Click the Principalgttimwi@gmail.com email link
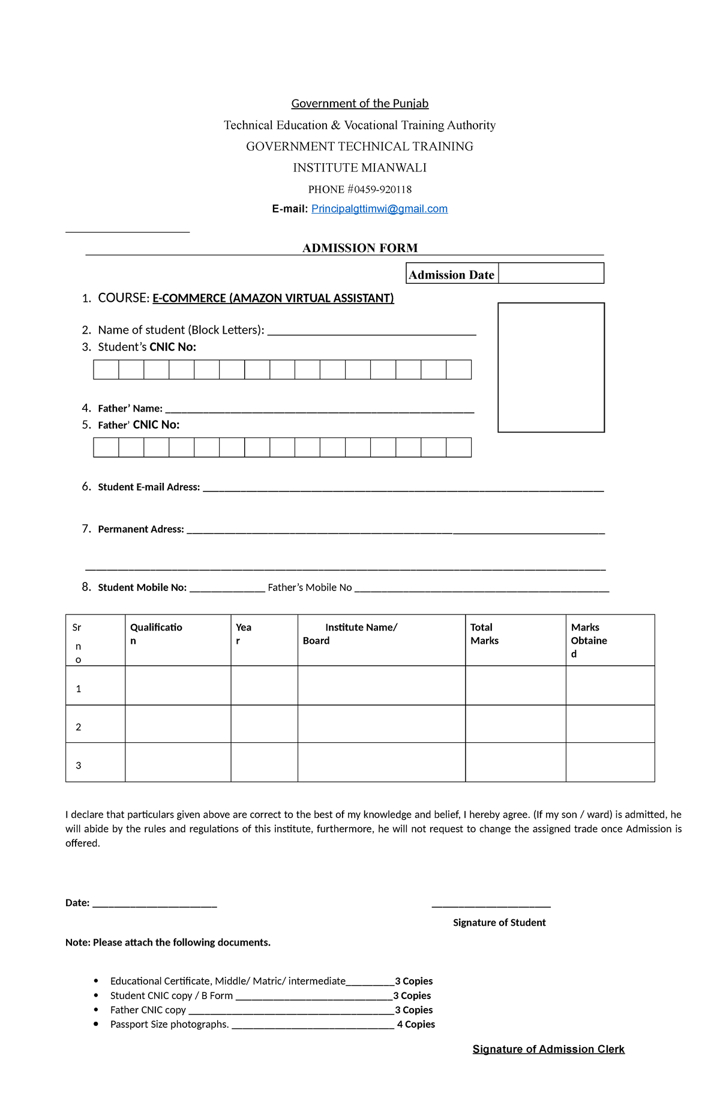(x=379, y=209)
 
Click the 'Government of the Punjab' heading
(x=360, y=103)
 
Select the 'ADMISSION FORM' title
(x=360, y=248)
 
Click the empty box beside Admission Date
(x=551, y=274)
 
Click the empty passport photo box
(x=551, y=367)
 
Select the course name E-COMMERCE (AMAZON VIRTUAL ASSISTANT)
(x=273, y=298)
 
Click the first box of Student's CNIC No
(x=106, y=370)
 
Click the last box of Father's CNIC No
(x=459, y=448)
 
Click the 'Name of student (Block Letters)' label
(x=181, y=330)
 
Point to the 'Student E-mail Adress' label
(x=149, y=487)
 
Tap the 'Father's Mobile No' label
(x=310, y=587)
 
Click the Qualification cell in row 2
(x=178, y=724)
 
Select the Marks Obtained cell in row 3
(x=610, y=762)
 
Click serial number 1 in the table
(x=79, y=689)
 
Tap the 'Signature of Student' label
(x=499, y=922)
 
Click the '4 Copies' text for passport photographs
(x=416, y=1024)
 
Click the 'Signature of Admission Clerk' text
(x=548, y=1049)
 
